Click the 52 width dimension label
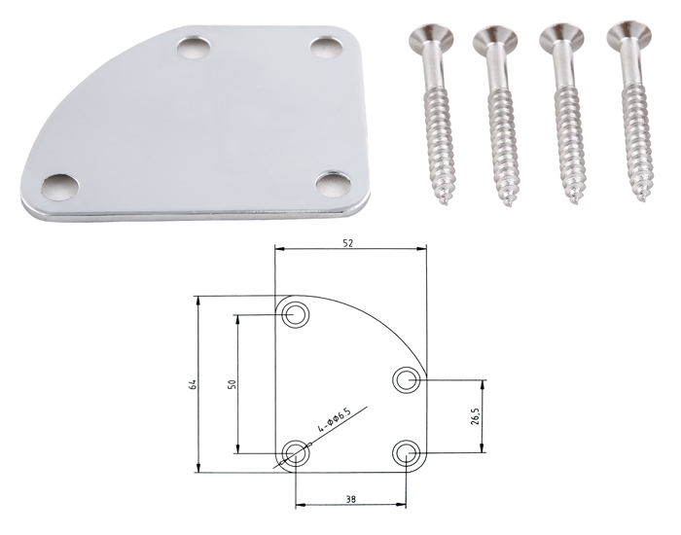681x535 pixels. pyautogui.click(x=348, y=243)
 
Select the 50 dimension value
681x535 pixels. pyautogui.click(x=232, y=384)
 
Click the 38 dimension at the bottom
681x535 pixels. pyautogui.click(x=351, y=499)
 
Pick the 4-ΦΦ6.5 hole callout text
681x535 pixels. pyautogui.click(x=335, y=420)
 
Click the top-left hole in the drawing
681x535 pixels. pyautogui.click(x=296, y=313)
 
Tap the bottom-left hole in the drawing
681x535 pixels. pyautogui.click(x=296, y=453)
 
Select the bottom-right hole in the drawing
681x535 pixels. pyautogui.click(x=407, y=453)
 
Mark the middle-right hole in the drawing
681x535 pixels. pyautogui.click(x=407, y=380)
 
